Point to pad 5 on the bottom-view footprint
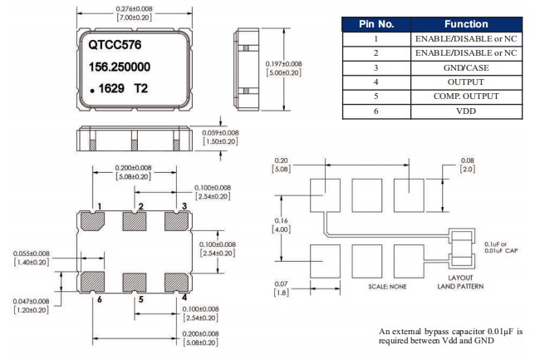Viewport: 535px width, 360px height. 133,280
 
